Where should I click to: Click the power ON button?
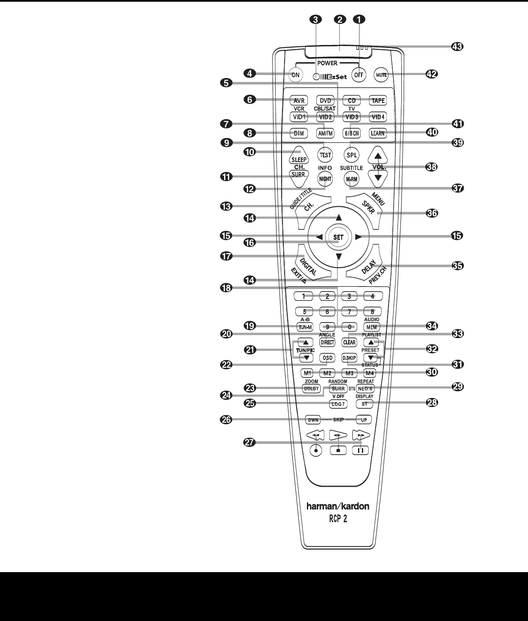(x=296, y=75)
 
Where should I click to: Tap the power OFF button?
(x=358, y=75)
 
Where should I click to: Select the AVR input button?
(x=299, y=101)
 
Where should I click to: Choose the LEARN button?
(x=378, y=133)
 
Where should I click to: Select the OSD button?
(x=328, y=358)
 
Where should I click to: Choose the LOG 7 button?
(x=338, y=404)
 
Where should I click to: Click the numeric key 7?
(x=349, y=311)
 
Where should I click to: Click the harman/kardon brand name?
(x=337, y=506)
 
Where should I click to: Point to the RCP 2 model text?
(x=337, y=519)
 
